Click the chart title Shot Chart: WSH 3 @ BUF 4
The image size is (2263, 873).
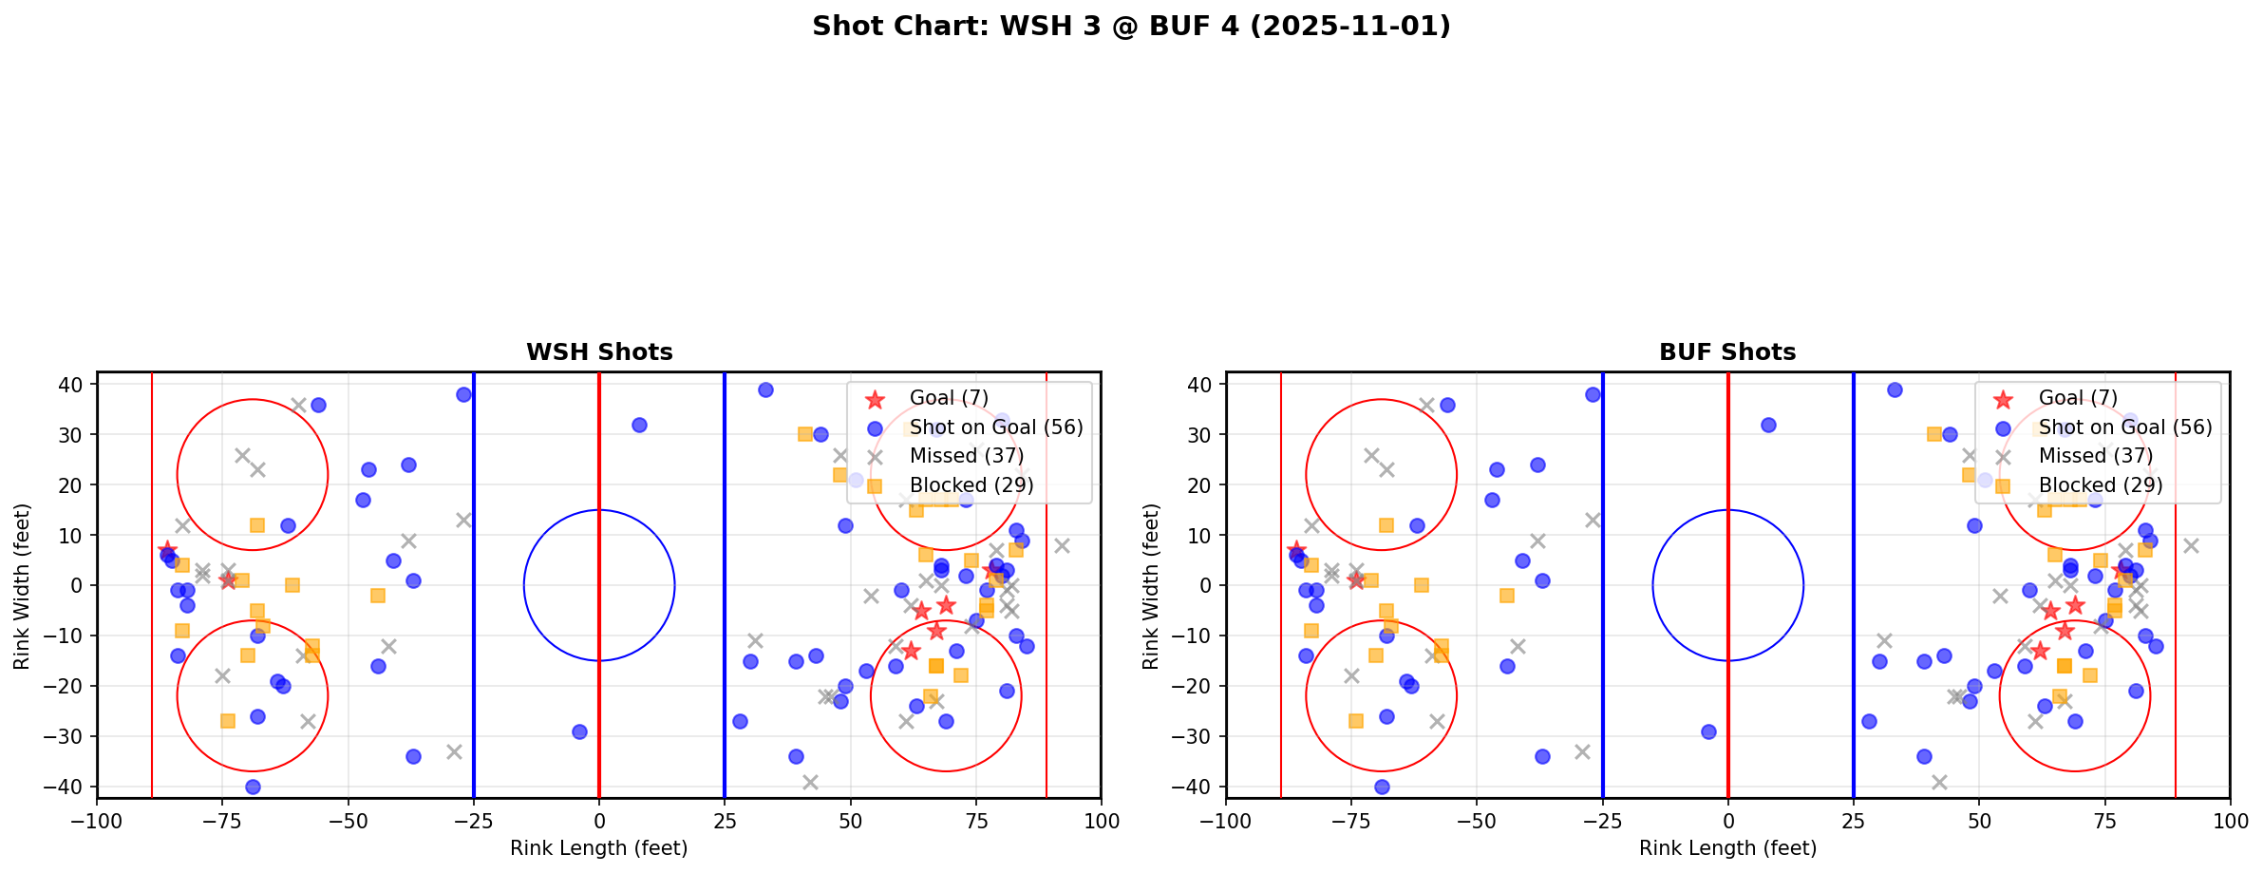click(x=1131, y=27)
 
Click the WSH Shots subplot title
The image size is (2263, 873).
click(x=599, y=352)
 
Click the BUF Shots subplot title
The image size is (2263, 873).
click(x=1727, y=352)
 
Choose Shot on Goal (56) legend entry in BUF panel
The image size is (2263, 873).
click(x=2125, y=427)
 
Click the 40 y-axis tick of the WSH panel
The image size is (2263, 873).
click(x=75, y=385)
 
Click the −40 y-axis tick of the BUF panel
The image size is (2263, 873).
click(x=1198, y=787)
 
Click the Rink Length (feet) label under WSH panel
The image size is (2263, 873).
click(x=599, y=848)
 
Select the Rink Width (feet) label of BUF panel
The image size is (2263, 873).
click(x=1151, y=585)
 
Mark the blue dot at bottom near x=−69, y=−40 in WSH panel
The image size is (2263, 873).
click(x=253, y=787)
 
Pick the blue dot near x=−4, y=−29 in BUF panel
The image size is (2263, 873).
click(x=1708, y=731)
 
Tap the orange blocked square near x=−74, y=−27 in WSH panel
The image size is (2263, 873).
click(x=228, y=721)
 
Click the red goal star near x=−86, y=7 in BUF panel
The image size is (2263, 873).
click(x=1296, y=550)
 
